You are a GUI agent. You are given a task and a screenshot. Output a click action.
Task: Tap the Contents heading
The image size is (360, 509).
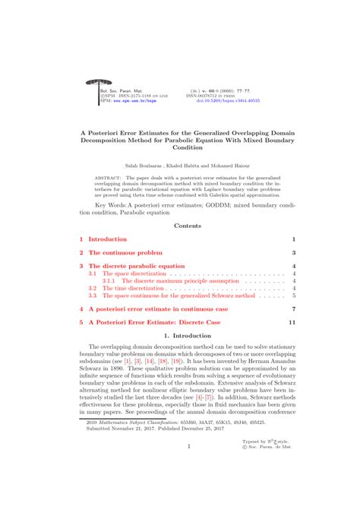point(187,225)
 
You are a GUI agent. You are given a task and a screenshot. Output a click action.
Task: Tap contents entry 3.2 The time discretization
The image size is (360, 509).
point(122,288)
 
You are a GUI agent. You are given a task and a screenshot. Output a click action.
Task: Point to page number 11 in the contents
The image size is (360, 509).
point(291,321)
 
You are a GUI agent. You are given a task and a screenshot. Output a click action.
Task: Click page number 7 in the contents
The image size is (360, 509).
point(292,309)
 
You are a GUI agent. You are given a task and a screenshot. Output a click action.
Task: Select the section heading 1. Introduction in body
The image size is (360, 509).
point(187,335)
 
